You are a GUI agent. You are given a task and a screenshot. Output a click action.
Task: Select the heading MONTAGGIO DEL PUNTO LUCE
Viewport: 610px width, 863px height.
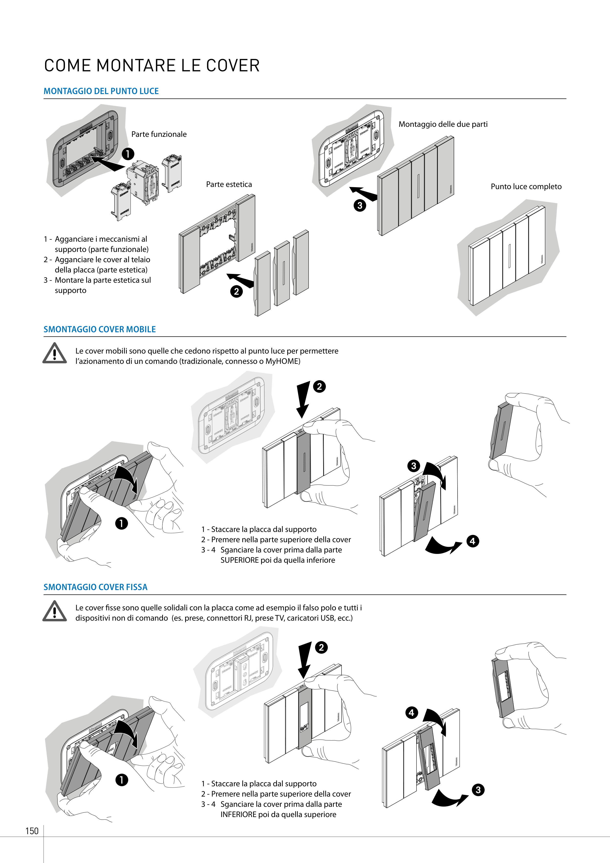tap(101, 91)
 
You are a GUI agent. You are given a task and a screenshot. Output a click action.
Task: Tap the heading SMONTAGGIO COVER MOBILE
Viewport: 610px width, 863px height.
tap(100, 329)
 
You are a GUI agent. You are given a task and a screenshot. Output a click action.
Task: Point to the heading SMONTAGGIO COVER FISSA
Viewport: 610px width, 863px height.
tap(96, 587)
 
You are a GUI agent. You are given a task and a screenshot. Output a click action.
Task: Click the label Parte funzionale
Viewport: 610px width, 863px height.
tap(159, 134)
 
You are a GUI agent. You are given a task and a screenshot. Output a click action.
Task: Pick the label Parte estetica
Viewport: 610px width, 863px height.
tap(229, 184)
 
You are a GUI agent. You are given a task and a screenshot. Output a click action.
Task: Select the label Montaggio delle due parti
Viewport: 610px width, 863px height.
tap(443, 124)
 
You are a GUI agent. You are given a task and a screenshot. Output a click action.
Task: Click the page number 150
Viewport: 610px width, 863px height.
tap(32, 831)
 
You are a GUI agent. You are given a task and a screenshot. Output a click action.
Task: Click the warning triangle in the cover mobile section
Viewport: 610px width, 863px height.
tap(54, 353)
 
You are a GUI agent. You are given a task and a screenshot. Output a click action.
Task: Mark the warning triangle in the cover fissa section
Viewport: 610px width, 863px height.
tap(54, 611)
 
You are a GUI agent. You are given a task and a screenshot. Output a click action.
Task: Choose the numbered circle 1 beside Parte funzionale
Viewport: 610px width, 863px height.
tap(128, 154)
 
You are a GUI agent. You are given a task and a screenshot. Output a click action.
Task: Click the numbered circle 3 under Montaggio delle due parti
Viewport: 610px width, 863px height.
tap(360, 205)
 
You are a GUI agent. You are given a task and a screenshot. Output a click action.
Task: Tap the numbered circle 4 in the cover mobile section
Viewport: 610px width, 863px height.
tap(472, 541)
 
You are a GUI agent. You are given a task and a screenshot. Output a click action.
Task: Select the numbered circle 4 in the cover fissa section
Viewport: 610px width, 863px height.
tap(412, 713)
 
